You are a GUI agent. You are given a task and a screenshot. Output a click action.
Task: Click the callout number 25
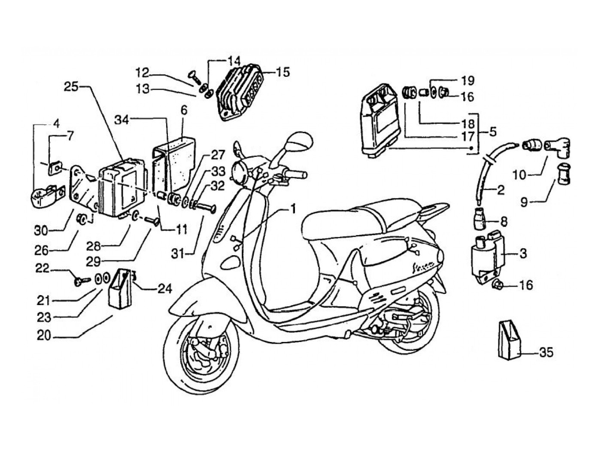coord(71,87)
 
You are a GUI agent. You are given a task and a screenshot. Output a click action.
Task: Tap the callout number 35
coord(546,352)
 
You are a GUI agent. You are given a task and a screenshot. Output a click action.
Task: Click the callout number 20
coord(44,336)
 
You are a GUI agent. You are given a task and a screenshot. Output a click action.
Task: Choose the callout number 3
coord(523,253)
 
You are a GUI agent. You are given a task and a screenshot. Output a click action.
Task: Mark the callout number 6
coord(184,110)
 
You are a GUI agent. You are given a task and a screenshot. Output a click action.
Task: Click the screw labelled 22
coord(82,280)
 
